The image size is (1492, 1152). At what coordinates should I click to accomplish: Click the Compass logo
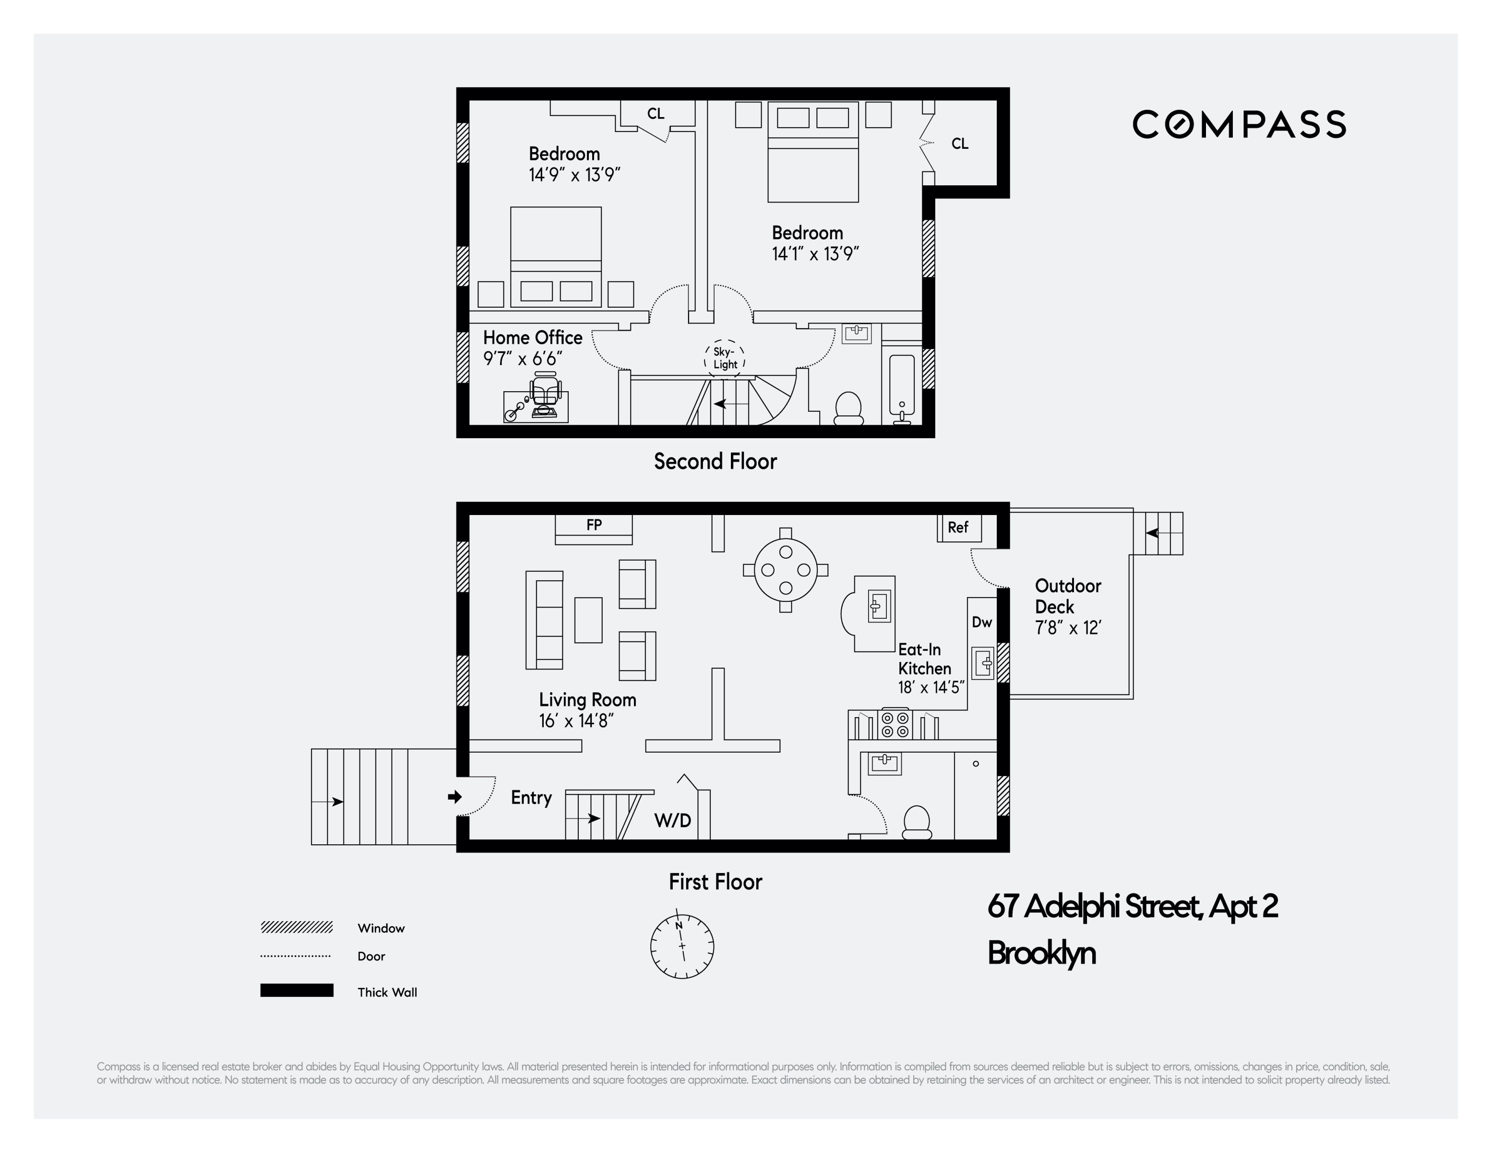[1239, 124]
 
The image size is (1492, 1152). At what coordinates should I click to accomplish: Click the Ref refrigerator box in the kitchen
[958, 528]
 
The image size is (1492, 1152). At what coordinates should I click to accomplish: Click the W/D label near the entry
[672, 821]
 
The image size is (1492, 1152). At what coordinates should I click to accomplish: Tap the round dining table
[786, 569]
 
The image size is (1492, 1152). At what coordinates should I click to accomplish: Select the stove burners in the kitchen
[895, 724]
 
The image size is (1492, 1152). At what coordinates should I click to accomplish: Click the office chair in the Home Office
[545, 394]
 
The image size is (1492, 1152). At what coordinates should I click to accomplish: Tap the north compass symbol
[682, 946]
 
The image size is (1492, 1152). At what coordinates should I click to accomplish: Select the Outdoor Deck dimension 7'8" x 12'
[1068, 628]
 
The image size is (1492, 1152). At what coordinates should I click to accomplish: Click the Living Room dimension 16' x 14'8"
[576, 721]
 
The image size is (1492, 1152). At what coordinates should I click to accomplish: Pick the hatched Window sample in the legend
[297, 927]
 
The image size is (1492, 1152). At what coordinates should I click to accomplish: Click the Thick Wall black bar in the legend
[297, 990]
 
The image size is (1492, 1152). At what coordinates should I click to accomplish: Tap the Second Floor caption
[715, 462]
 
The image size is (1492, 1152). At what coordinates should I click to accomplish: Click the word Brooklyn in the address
[1041, 952]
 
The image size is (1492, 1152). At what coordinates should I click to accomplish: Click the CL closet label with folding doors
[959, 144]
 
